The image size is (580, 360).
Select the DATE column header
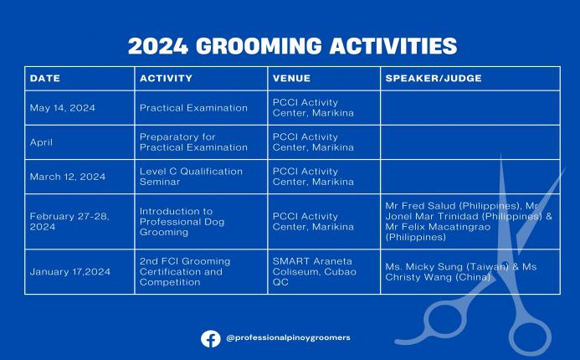pos(45,79)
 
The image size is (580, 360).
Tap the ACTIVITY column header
pos(166,79)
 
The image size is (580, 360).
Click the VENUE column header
pos(291,79)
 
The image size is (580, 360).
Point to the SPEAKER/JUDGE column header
pos(433,79)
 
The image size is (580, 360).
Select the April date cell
pos(41,142)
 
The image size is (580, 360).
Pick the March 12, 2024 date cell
pos(67,177)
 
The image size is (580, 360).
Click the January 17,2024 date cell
pos(69,271)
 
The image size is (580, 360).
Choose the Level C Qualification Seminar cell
pos(191,177)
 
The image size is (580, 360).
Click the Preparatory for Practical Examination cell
pos(193,142)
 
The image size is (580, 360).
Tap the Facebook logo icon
pos(211,338)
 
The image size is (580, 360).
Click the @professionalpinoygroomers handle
pos(288,338)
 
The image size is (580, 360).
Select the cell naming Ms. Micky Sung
pos(456,272)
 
